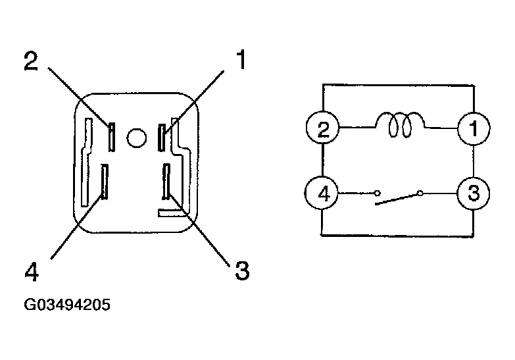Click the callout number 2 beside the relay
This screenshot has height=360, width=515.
pyautogui.click(x=31, y=61)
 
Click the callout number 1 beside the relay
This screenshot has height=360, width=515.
pyautogui.click(x=241, y=59)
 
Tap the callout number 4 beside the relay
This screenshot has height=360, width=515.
pyautogui.click(x=32, y=271)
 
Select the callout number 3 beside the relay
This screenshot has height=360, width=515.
pyautogui.click(x=243, y=270)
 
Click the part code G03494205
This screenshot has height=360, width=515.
pyautogui.click(x=67, y=305)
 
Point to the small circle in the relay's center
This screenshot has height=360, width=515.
pyautogui.click(x=137, y=138)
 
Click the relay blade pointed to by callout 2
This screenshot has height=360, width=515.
pyautogui.click(x=112, y=137)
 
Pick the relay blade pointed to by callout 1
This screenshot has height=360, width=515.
pyautogui.click(x=161, y=138)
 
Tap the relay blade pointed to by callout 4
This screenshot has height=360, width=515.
pyautogui.click(x=105, y=182)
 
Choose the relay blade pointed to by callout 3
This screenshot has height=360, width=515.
pyautogui.click(x=166, y=182)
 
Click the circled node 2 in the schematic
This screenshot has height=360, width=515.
pyautogui.click(x=323, y=127)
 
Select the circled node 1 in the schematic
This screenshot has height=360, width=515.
pyautogui.click(x=474, y=128)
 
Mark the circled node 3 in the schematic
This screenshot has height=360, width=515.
pyautogui.click(x=474, y=193)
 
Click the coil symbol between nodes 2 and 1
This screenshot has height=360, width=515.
pyautogui.click(x=400, y=125)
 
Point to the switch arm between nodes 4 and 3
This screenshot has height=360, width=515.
pyautogui.click(x=397, y=199)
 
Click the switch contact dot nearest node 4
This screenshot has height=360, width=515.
pyautogui.click(x=378, y=193)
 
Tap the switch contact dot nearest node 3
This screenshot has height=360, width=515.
pyautogui.click(x=420, y=193)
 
